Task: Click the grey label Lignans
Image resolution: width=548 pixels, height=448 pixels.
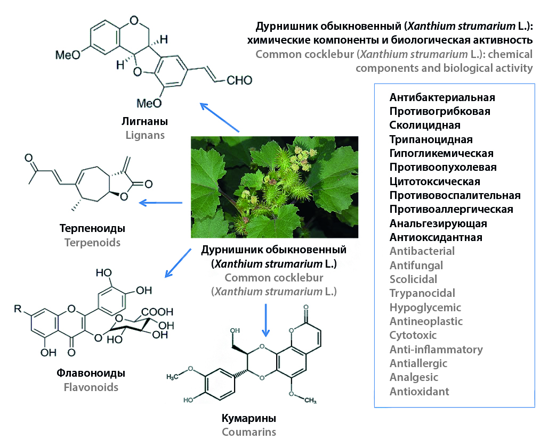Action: (145, 135)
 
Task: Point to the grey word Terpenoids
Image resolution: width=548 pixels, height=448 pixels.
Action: (92, 243)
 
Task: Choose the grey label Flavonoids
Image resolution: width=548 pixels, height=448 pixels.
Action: (91, 387)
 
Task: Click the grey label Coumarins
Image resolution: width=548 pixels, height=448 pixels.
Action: (249, 432)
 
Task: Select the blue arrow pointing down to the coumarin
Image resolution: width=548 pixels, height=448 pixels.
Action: (265, 320)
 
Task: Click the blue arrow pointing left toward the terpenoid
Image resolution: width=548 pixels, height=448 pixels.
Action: (160, 202)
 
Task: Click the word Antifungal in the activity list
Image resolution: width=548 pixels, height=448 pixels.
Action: (416, 265)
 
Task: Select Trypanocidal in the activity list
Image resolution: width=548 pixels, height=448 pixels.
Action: (422, 293)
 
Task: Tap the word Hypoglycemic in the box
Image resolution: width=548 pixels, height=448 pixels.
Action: (425, 308)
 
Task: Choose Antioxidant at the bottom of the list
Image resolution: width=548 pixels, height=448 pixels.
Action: (420, 392)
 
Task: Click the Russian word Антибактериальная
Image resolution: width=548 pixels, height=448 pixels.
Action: (442, 97)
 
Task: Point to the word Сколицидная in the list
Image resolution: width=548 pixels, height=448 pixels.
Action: (425, 126)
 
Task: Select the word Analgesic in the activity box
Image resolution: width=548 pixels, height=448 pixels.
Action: (414, 377)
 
